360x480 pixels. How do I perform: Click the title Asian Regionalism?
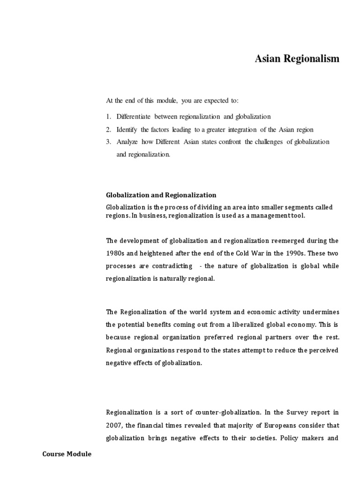[297, 59]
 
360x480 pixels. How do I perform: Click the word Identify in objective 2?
[127, 129]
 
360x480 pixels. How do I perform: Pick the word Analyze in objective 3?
[127, 142]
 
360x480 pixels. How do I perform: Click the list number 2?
[108, 129]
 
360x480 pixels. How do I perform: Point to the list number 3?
[108, 142]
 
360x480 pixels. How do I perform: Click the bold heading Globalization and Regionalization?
[161, 195]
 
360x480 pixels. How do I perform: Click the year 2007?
[114, 425]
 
